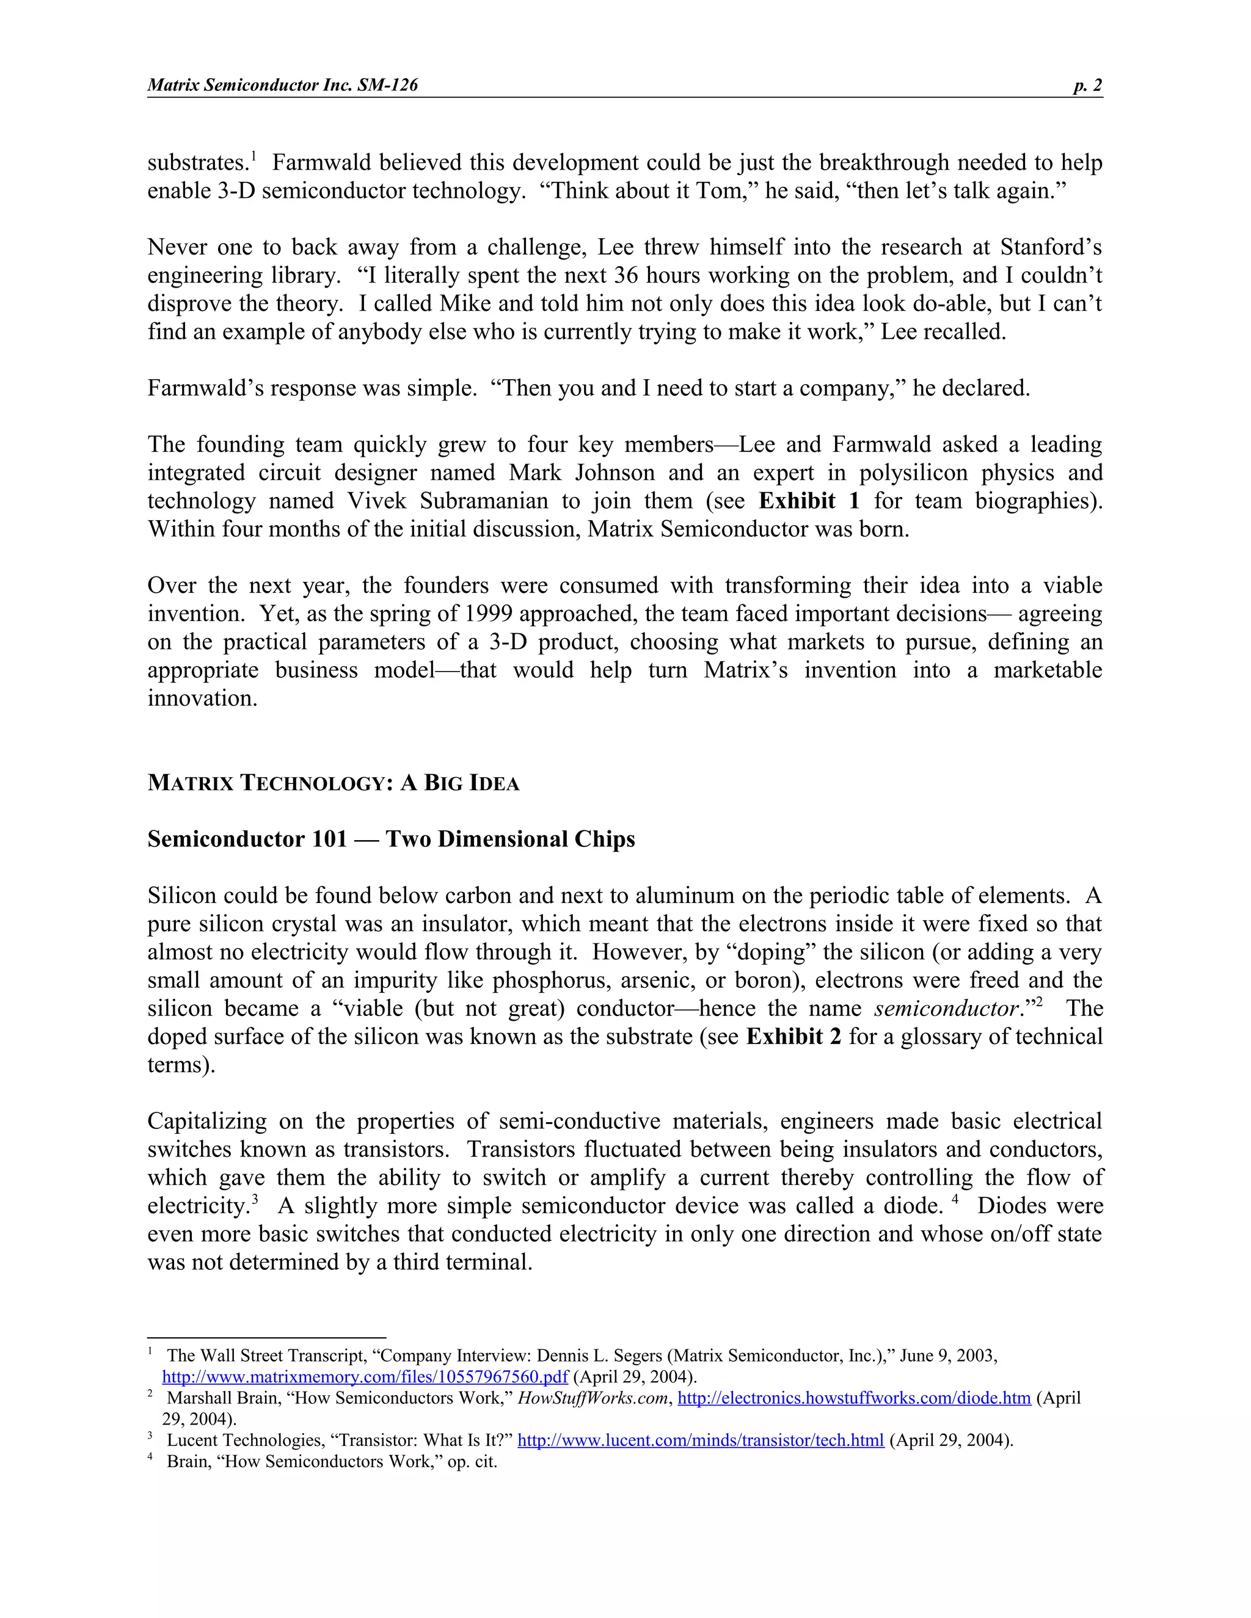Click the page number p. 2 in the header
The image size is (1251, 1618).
pyautogui.click(x=1087, y=85)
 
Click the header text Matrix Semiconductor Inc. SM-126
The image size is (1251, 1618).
pyautogui.click(x=282, y=85)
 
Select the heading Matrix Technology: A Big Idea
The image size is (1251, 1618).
pyautogui.click(x=333, y=783)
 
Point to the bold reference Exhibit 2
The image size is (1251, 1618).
pyautogui.click(x=793, y=1037)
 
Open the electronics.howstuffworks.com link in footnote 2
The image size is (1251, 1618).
pyautogui.click(x=854, y=1398)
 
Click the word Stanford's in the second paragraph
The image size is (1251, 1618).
pyautogui.click(x=1051, y=247)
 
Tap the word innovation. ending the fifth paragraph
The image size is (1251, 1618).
pyautogui.click(x=202, y=698)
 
